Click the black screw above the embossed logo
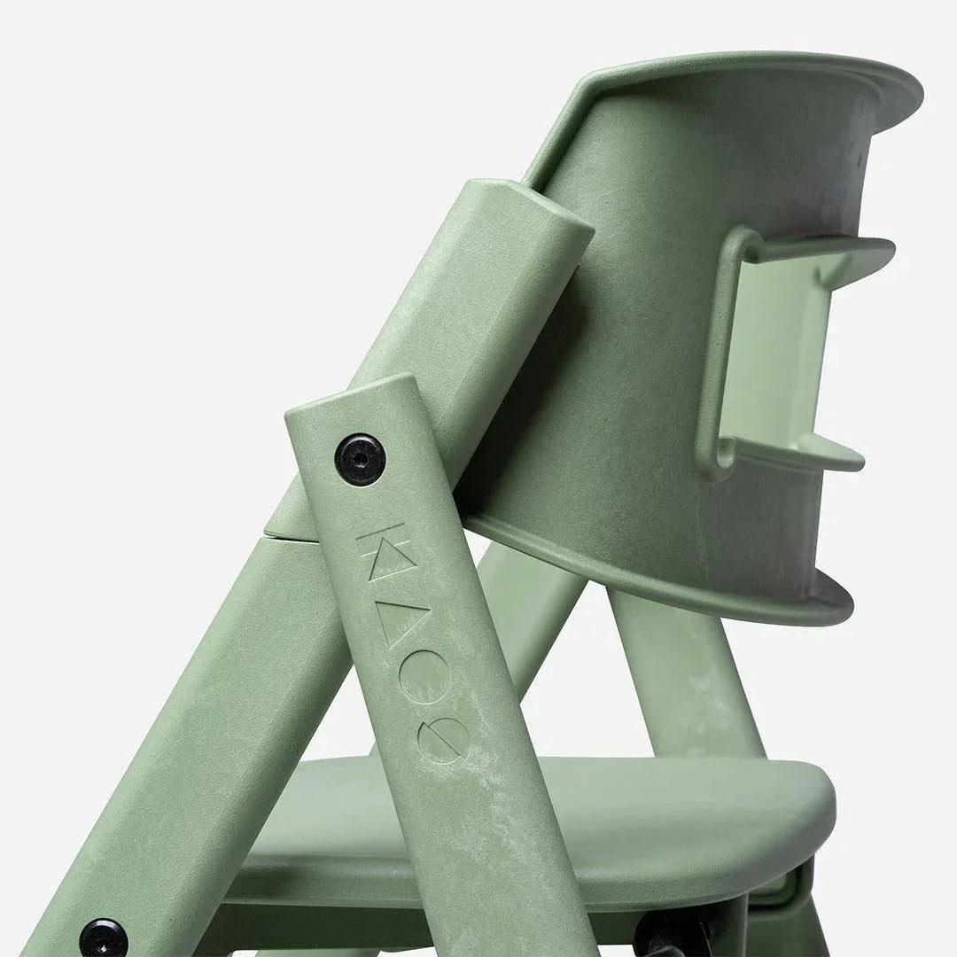pos(360,458)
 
